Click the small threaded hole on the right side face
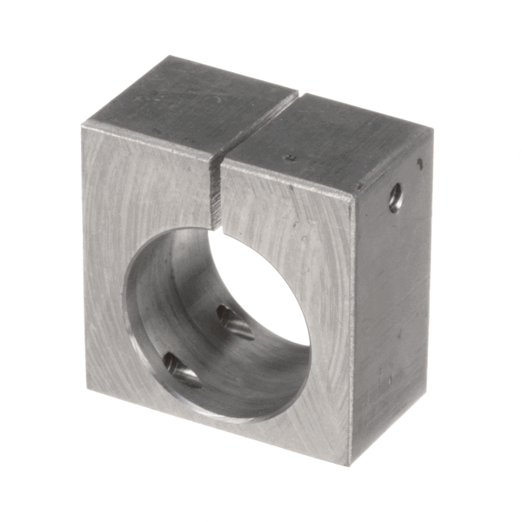tap(396, 197)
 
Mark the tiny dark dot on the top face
tap(291, 157)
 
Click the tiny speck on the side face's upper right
tap(420, 163)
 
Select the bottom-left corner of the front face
tap(86, 388)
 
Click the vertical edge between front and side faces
tap(352, 331)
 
